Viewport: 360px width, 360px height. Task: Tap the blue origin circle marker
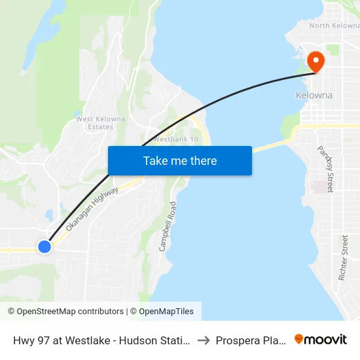[x=45, y=247]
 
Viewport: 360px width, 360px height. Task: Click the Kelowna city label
[x=314, y=95]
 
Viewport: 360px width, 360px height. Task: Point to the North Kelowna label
[x=334, y=26]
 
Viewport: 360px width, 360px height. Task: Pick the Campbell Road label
[x=168, y=227]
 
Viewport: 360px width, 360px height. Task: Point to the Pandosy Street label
[x=325, y=170]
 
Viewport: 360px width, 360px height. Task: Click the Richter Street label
[x=344, y=258]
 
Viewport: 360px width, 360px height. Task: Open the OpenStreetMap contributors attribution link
[x=65, y=312]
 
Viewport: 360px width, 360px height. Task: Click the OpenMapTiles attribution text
[x=164, y=312]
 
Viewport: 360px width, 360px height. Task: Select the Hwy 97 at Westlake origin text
[x=59, y=340]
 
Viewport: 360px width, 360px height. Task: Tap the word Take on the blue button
[x=157, y=160]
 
